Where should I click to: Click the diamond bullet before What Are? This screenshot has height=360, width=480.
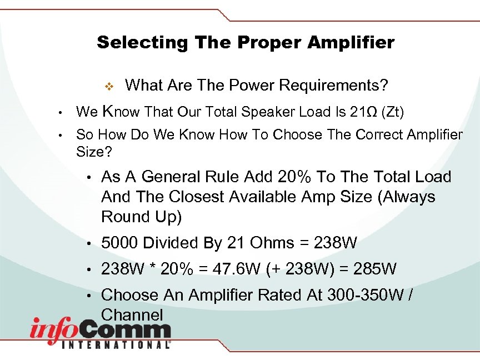point(109,86)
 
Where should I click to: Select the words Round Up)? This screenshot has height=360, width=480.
point(141,217)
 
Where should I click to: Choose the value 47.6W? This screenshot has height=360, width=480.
point(236,269)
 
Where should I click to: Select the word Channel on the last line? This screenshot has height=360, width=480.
point(132,315)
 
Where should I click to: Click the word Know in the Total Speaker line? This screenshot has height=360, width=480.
point(122,112)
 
